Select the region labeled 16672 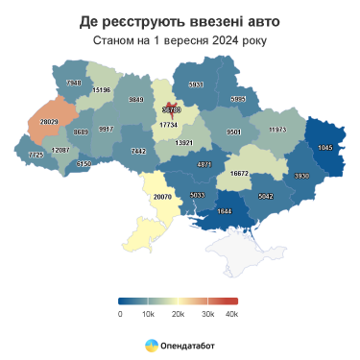(x=240, y=174)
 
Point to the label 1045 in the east (x=324, y=147)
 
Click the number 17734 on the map (x=169, y=125)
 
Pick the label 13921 (x=184, y=143)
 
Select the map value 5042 (x=266, y=197)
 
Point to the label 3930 (x=301, y=176)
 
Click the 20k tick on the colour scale (x=177, y=314)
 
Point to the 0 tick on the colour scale (x=120, y=314)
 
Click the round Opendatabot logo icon (x=152, y=344)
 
